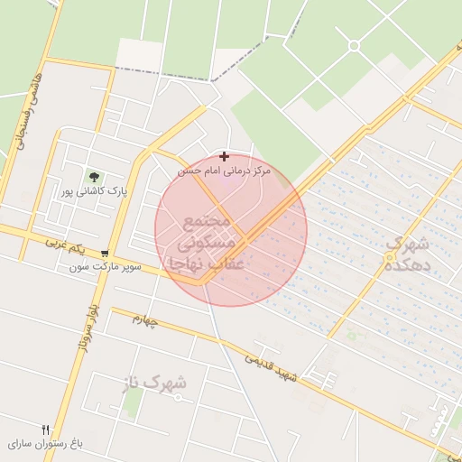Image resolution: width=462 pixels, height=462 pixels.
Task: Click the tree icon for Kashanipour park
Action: tap(93, 176)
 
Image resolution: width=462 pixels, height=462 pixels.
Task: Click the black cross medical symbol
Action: tap(224, 157)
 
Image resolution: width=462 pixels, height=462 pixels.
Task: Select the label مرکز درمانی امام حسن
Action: tap(224, 171)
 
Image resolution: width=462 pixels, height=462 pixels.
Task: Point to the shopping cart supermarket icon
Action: tap(106, 254)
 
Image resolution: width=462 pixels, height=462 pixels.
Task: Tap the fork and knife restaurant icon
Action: tap(46, 430)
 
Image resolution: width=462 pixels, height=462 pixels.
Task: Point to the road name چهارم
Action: tap(143, 322)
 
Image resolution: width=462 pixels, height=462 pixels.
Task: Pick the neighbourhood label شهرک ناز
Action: tap(153, 383)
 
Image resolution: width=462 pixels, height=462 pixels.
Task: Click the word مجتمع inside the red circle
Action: tap(208, 222)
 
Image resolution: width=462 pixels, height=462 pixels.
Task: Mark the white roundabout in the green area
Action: tap(354, 45)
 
